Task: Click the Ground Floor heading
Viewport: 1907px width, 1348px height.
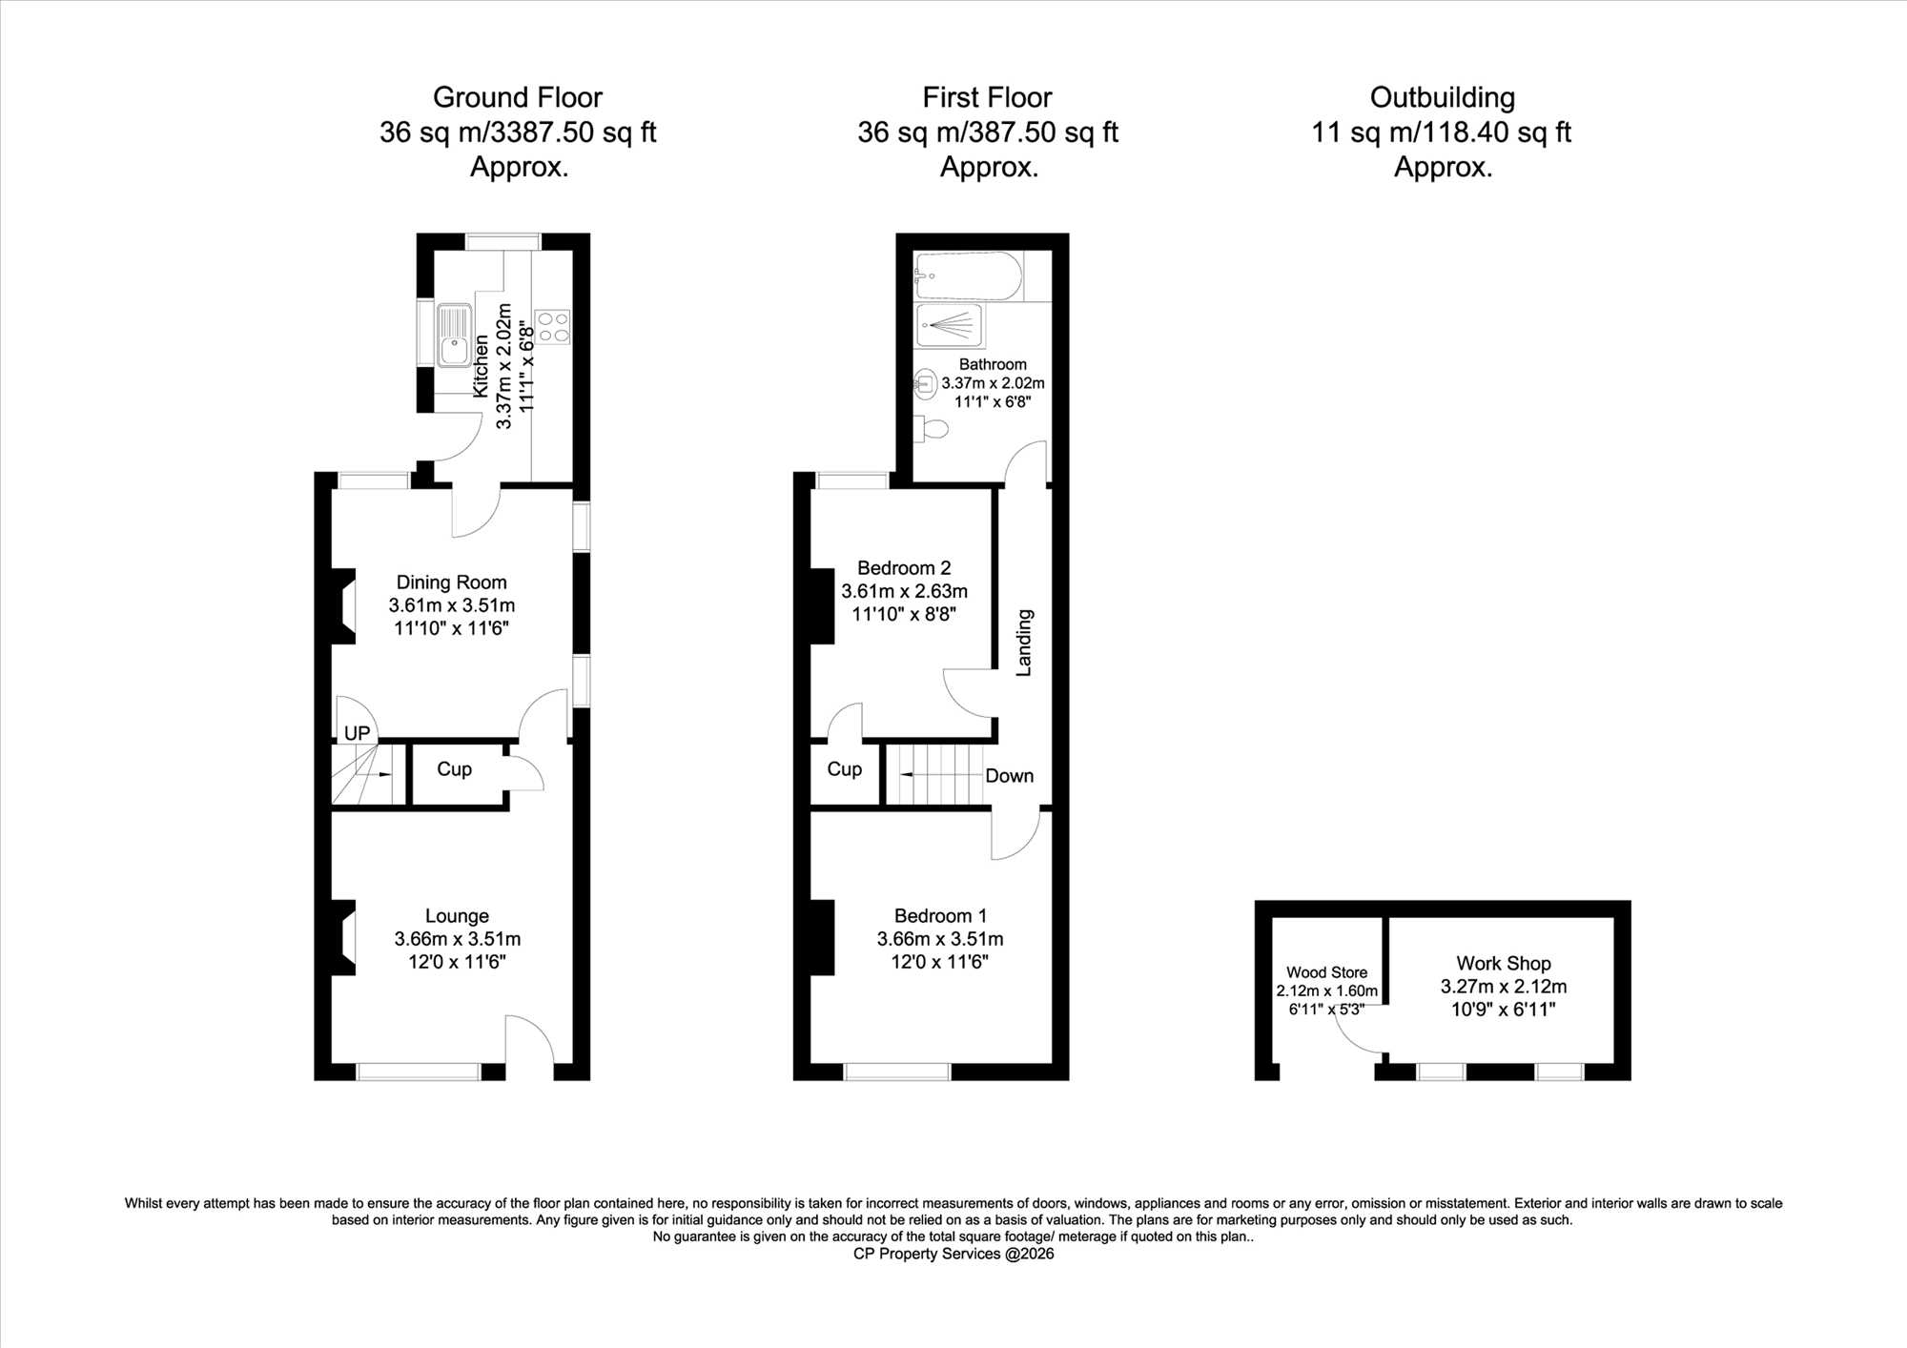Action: tap(518, 98)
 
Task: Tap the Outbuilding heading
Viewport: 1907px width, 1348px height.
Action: tap(1443, 98)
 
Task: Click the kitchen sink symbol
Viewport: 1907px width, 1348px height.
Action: tap(455, 336)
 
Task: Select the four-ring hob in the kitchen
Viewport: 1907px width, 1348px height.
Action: tap(553, 327)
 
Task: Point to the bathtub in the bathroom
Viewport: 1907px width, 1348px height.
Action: tap(968, 276)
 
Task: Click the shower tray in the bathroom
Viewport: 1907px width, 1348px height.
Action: tap(950, 326)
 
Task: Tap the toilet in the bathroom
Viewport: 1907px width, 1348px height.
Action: tap(932, 429)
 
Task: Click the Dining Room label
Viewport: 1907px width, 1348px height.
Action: tap(451, 582)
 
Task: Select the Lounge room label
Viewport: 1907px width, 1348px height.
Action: tap(457, 916)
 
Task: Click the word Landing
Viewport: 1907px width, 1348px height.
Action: tap(1024, 643)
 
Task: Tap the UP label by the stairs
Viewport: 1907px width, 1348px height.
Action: tap(357, 733)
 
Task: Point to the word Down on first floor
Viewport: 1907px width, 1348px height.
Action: tap(1009, 776)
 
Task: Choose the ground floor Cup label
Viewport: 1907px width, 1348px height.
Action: tap(454, 769)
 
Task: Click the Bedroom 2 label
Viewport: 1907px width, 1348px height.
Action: tap(904, 568)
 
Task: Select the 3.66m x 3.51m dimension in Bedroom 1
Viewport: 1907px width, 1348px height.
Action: tap(940, 939)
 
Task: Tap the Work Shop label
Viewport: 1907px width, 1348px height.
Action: tap(1504, 964)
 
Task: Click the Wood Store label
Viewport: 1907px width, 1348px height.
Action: tap(1326, 972)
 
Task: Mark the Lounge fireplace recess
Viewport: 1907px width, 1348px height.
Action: tap(344, 938)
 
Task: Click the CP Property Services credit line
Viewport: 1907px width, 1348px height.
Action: tap(953, 1254)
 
